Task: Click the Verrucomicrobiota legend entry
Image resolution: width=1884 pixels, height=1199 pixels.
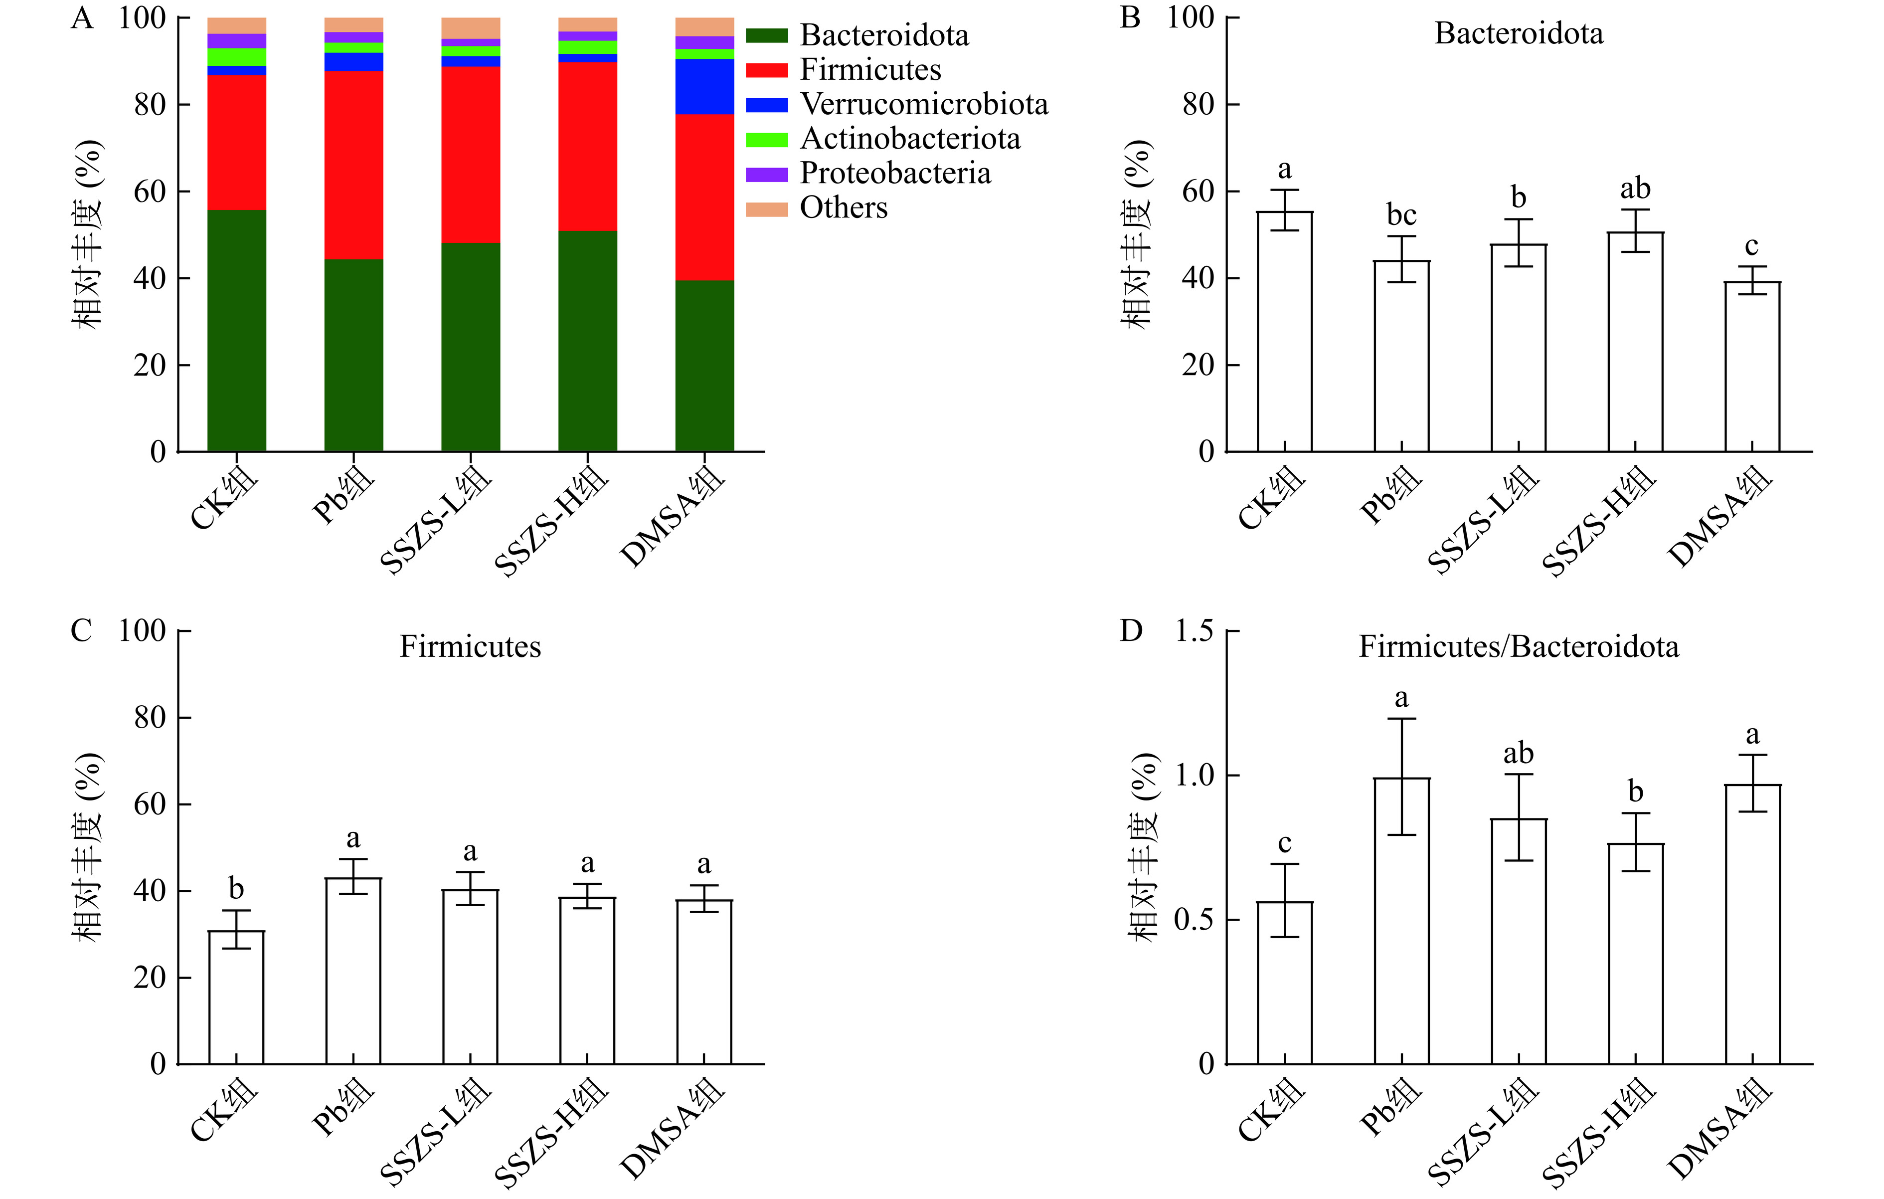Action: click(x=923, y=104)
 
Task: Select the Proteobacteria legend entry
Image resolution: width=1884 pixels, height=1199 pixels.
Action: click(x=894, y=173)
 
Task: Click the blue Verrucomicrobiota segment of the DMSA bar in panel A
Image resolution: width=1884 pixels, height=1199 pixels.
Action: click(x=704, y=86)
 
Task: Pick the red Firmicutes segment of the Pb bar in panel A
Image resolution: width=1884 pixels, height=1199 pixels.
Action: click(x=353, y=165)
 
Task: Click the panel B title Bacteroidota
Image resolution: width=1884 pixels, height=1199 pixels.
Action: click(x=1518, y=33)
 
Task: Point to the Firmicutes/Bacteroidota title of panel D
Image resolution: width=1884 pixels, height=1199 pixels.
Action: click(x=1518, y=646)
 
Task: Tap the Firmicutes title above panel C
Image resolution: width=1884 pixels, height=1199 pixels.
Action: click(x=470, y=646)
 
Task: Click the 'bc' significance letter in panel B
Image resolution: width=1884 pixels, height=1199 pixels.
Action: click(x=1401, y=214)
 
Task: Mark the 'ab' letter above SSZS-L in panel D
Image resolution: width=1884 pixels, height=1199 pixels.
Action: click(x=1518, y=754)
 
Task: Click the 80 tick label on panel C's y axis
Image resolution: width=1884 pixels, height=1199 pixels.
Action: click(x=150, y=717)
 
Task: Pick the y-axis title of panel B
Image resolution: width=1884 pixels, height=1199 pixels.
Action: click(x=1137, y=235)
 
